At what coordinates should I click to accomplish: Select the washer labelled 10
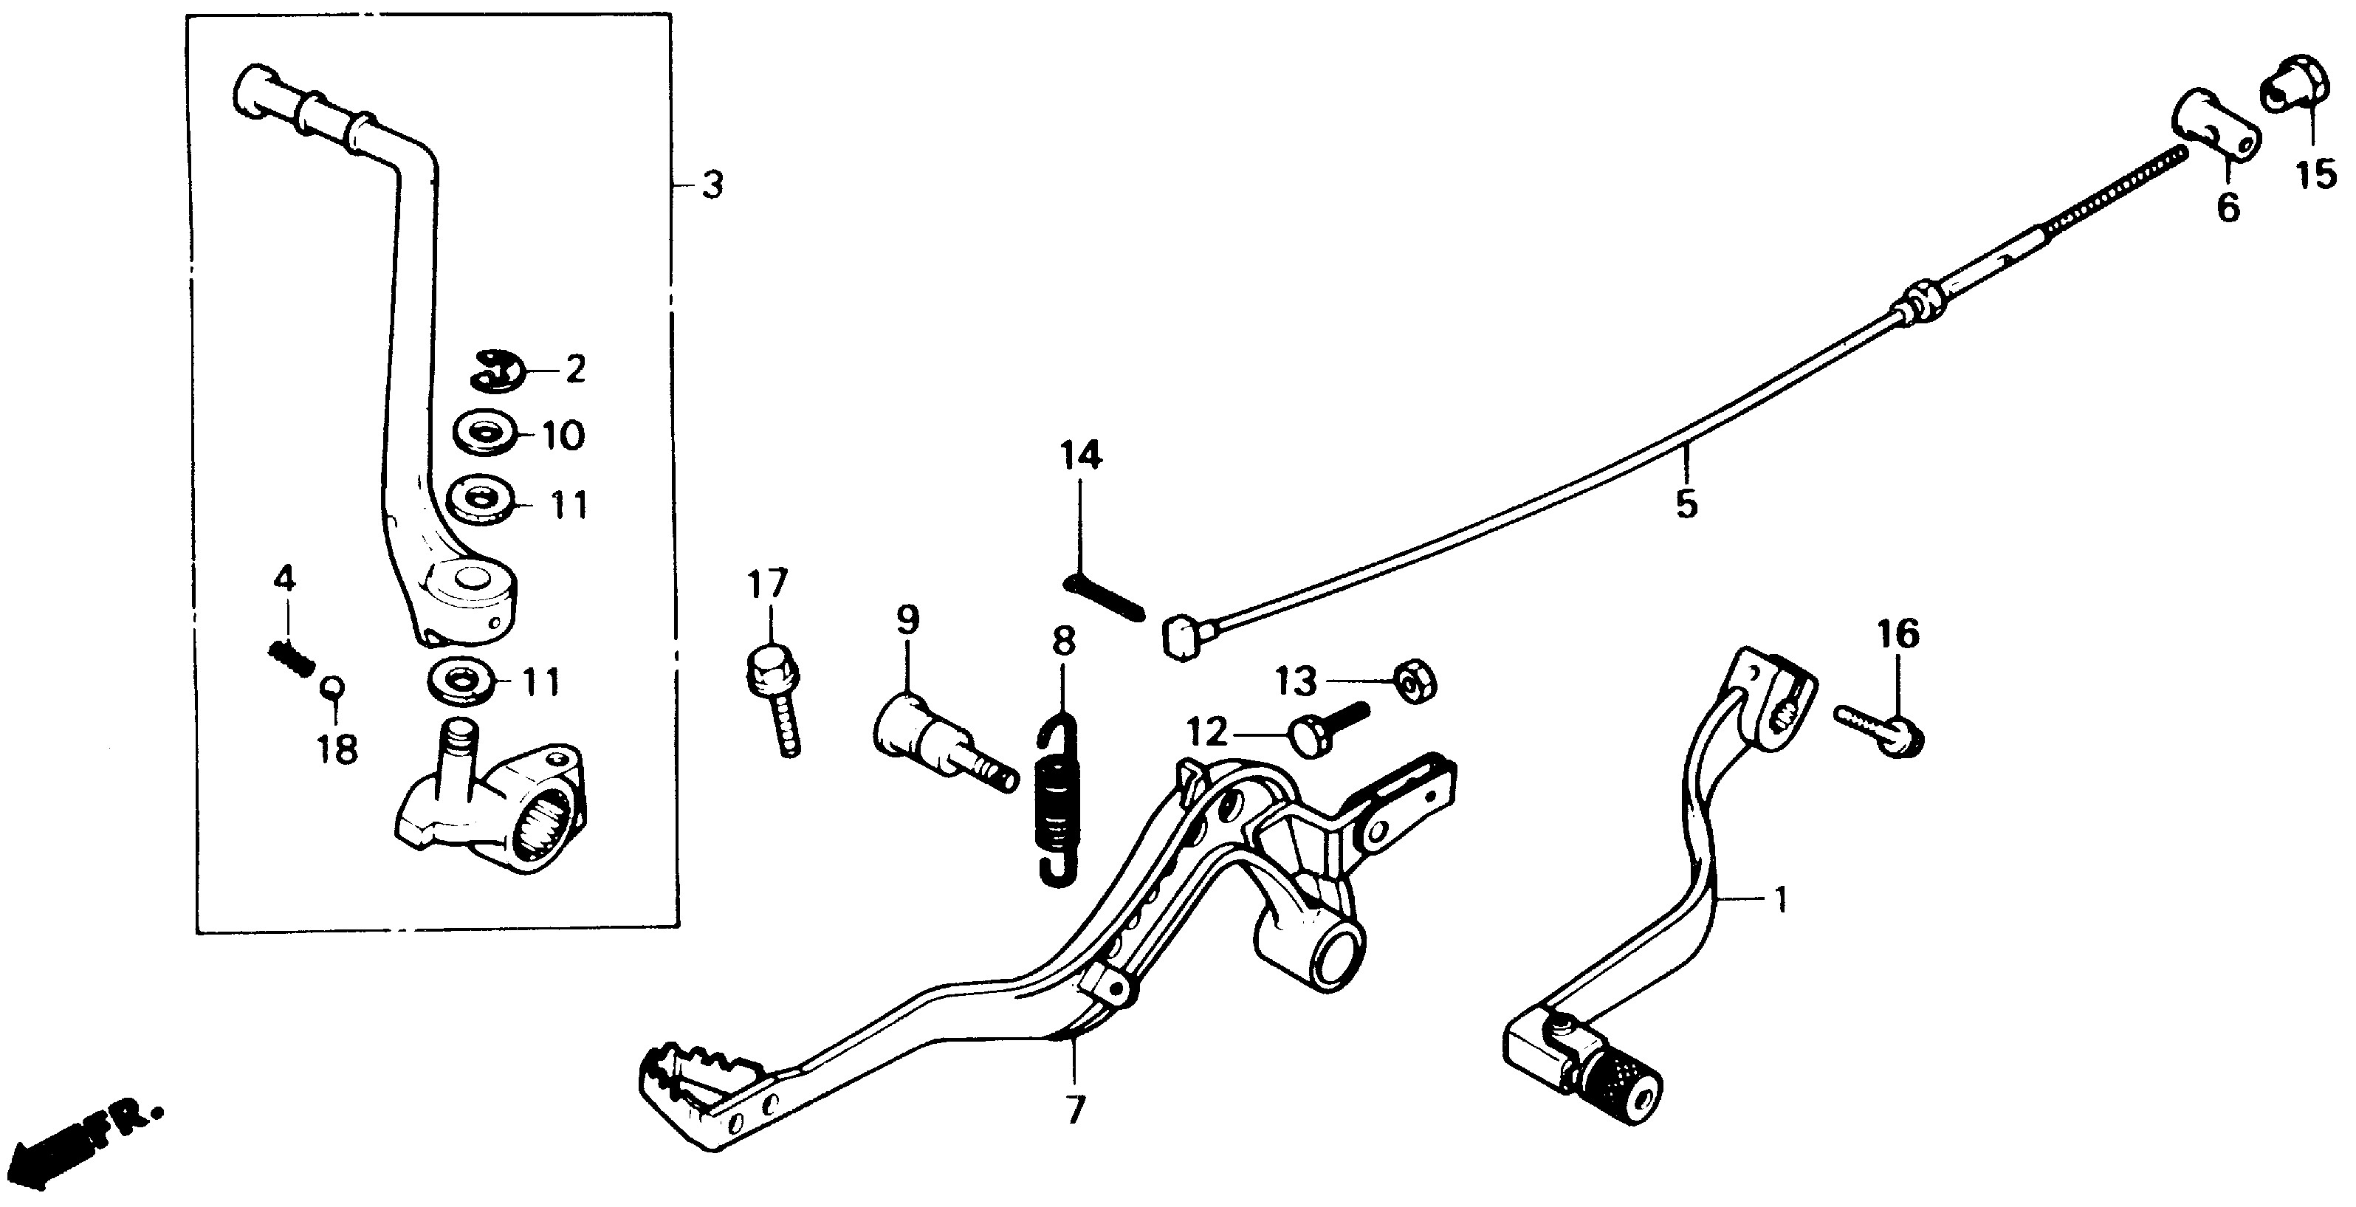tap(483, 434)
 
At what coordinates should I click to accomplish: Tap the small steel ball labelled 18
tap(331, 687)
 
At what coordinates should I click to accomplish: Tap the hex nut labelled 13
tap(1415, 681)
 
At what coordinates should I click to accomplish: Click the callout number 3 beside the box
tap(712, 185)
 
